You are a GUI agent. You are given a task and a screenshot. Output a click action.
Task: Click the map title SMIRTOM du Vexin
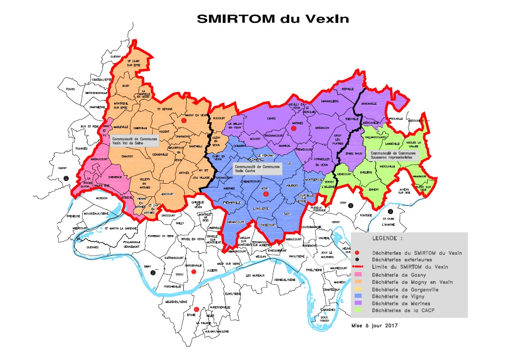coord(273,19)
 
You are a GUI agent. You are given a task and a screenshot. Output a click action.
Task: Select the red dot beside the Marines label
coord(294,128)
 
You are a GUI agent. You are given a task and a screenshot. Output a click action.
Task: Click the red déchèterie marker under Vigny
coord(266,193)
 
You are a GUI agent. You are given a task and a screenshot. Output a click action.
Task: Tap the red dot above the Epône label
coord(197,309)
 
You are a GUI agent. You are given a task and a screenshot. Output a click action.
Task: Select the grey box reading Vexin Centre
coord(257,168)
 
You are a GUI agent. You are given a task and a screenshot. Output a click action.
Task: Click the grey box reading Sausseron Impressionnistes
coord(393,155)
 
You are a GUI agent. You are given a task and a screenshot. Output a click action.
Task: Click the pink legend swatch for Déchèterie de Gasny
coord(358,274)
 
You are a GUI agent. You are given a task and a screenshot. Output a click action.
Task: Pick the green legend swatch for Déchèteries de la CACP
coord(358,310)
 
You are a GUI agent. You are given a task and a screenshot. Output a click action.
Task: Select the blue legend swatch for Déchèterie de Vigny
coord(358,296)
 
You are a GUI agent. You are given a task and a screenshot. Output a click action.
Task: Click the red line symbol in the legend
coord(358,267)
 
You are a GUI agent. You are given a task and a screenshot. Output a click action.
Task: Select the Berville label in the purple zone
coord(347,88)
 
